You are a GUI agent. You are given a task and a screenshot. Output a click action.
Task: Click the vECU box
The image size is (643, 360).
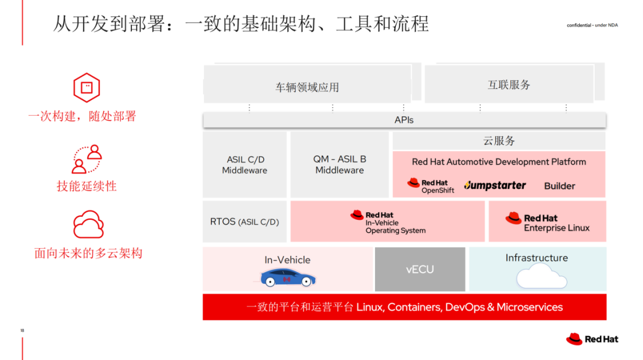[x=420, y=269]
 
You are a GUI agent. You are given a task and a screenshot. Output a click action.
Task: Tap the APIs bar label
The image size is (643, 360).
[x=404, y=120]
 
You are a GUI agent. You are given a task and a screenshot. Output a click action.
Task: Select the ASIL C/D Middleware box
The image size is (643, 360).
[x=245, y=165]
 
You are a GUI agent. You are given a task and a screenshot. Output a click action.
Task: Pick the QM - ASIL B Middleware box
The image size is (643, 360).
[x=340, y=165]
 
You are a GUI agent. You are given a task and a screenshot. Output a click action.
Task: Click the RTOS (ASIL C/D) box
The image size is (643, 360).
[x=245, y=222]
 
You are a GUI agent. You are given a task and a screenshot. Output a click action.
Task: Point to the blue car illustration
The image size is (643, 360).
[x=288, y=277]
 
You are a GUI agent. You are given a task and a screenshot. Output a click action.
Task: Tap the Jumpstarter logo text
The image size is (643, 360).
[x=495, y=186]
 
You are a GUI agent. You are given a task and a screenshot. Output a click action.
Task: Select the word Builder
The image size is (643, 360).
[x=559, y=186]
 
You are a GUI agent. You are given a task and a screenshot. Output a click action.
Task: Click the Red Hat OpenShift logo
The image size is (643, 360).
[x=431, y=186]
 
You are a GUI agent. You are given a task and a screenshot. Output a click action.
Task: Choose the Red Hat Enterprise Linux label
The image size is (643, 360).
[x=548, y=223]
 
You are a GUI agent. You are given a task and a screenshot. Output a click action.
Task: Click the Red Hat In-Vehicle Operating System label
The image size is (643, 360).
[x=388, y=222]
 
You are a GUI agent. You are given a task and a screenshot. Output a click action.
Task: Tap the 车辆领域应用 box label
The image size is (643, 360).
[x=307, y=87]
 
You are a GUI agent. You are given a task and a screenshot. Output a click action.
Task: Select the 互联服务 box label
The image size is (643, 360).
[x=509, y=85]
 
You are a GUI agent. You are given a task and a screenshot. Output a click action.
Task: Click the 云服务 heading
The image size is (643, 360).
[x=499, y=141]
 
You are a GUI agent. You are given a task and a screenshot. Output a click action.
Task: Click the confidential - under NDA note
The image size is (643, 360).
[x=592, y=26]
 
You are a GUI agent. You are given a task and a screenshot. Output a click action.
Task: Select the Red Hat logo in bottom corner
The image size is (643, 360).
[x=592, y=339]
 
